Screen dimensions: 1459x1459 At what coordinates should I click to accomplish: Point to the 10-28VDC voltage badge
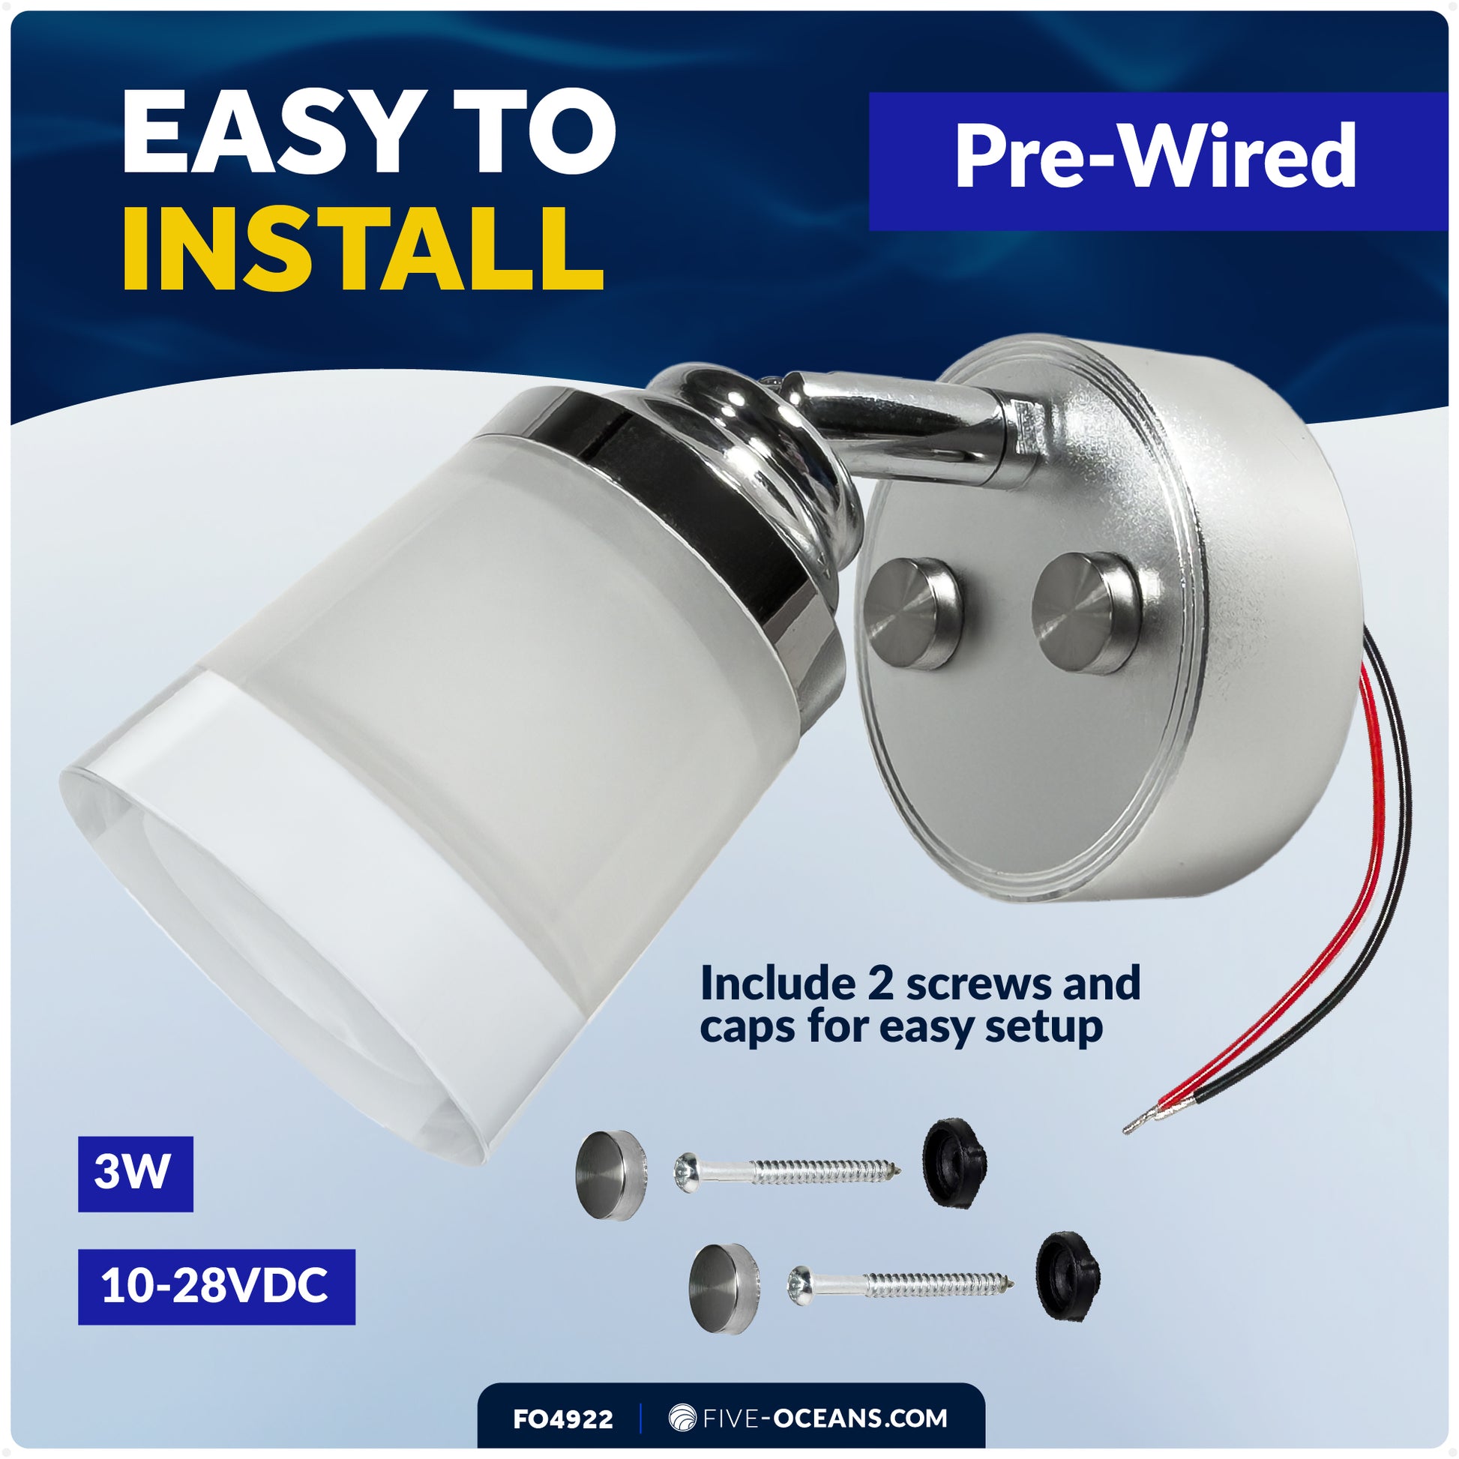pos(216,1286)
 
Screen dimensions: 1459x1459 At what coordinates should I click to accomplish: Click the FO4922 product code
pos(562,1419)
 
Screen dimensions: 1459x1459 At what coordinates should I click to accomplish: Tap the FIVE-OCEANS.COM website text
pos(824,1418)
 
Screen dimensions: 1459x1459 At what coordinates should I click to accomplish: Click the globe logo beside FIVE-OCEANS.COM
pos(682,1418)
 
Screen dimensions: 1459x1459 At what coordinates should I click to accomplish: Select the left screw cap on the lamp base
pos(913,613)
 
